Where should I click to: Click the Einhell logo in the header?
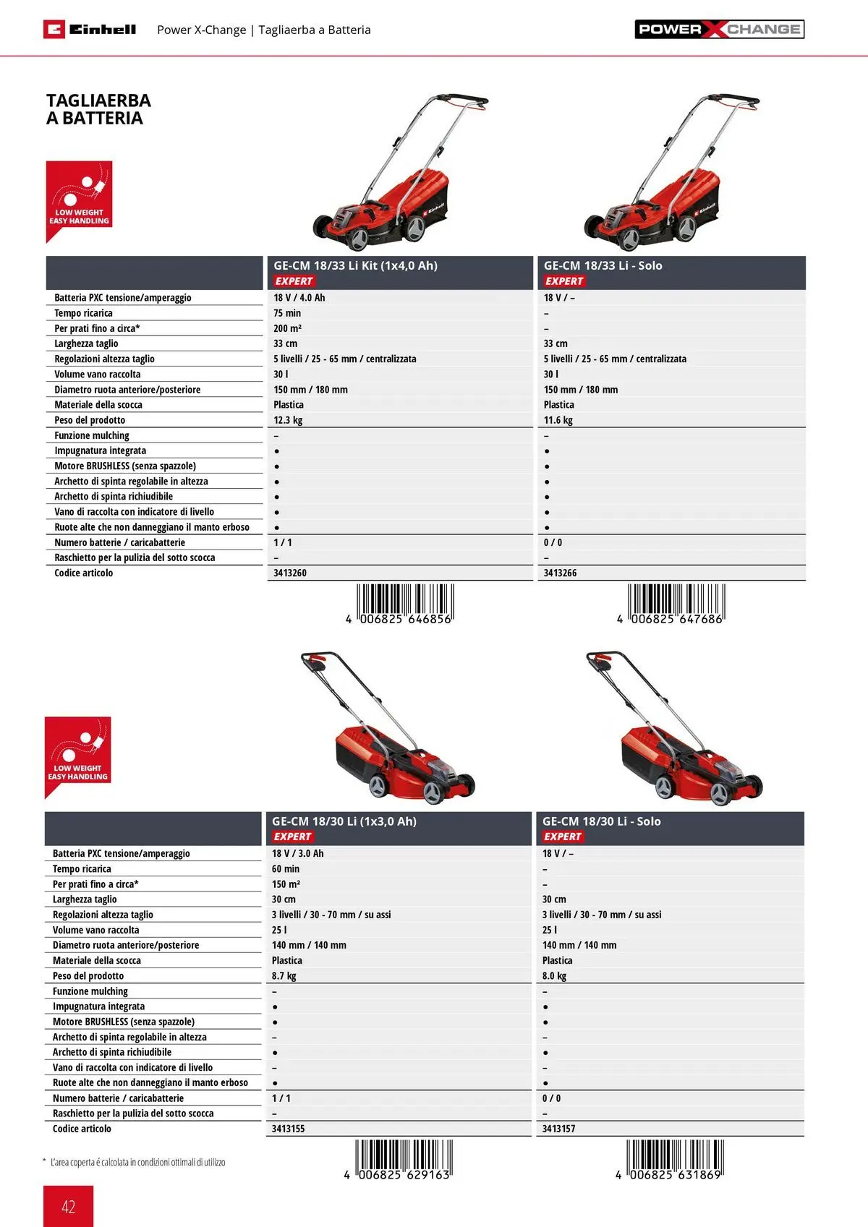point(90,30)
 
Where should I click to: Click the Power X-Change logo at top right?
point(719,30)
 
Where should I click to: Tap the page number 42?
point(68,1206)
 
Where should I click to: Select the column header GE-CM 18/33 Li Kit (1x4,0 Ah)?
point(355,265)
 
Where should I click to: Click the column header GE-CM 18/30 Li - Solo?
point(601,821)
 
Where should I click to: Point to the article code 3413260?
point(290,573)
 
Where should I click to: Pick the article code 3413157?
point(558,1129)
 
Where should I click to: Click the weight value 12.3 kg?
point(288,420)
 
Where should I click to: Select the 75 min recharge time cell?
point(287,313)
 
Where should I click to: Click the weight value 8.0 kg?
point(554,976)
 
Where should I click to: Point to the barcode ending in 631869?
point(673,1159)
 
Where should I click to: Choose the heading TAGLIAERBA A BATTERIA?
point(98,109)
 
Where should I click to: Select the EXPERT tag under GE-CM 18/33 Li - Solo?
point(563,281)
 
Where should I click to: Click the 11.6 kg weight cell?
point(558,420)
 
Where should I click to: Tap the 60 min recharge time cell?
point(285,869)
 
